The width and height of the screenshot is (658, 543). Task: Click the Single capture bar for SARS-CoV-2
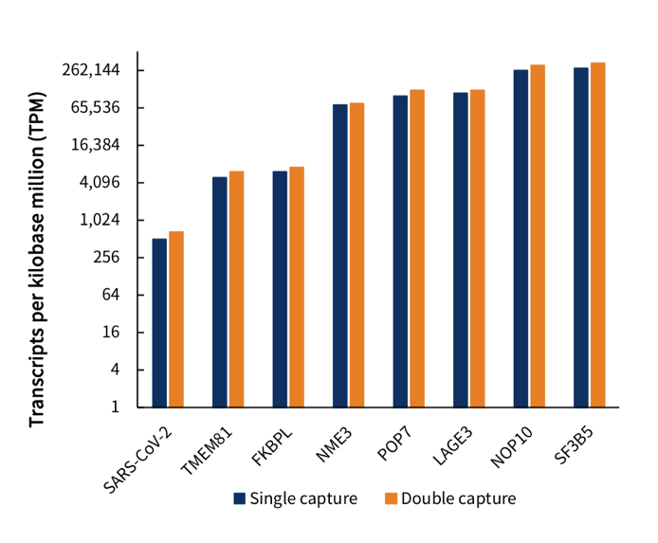[x=159, y=322]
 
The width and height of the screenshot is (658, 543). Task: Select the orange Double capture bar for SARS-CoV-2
[x=176, y=318]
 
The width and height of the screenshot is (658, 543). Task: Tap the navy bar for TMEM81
[x=220, y=292]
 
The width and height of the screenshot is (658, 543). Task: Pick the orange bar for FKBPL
[x=297, y=286]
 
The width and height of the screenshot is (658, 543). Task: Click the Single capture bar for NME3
[x=340, y=255]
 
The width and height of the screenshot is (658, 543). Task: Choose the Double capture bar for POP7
[x=417, y=248]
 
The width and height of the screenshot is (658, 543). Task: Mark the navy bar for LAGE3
[x=461, y=249]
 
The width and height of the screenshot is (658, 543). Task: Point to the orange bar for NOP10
[x=538, y=236]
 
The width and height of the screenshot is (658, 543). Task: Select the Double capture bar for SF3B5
[x=598, y=235]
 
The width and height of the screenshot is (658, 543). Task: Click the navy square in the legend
[x=240, y=498]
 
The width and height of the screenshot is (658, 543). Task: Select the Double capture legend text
[x=458, y=498]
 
